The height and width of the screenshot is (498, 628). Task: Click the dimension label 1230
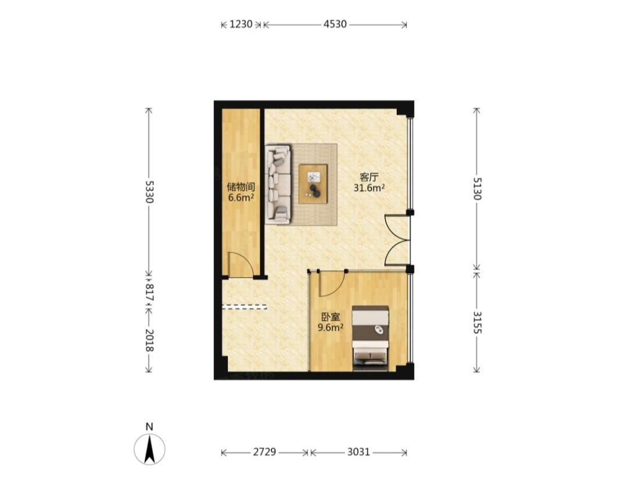[241, 24]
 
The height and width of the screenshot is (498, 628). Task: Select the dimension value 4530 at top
[335, 24]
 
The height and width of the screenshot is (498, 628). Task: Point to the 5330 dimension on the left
[149, 192]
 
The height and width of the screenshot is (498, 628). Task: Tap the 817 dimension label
[149, 292]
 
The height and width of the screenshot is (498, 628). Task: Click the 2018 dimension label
[149, 341]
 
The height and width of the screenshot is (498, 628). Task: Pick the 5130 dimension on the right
[477, 188]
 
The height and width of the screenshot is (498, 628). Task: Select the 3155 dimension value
[477, 323]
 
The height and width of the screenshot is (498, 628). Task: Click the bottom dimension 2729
[265, 452]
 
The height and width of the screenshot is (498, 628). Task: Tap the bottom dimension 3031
[358, 452]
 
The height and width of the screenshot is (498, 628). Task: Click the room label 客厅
[369, 177]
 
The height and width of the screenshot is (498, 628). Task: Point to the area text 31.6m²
[369, 188]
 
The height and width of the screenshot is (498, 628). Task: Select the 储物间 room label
[241, 187]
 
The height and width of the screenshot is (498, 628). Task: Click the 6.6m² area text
[241, 197]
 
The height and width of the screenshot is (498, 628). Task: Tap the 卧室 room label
[331, 317]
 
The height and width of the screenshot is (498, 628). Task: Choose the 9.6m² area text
[330, 328]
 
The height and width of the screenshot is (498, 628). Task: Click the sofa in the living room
[278, 185]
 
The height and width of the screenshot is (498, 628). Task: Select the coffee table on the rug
[313, 184]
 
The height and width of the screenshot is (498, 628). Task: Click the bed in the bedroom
[370, 338]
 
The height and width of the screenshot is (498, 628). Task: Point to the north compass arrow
[149, 449]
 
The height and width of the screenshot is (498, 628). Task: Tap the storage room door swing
[241, 264]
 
